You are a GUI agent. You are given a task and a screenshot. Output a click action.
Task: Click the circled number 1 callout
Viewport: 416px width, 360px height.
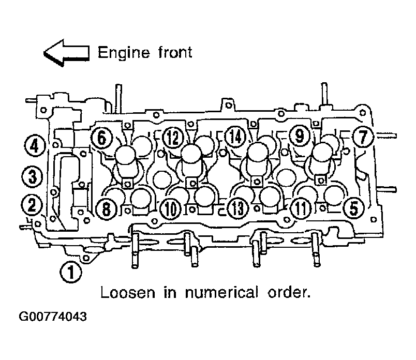tap(71, 272)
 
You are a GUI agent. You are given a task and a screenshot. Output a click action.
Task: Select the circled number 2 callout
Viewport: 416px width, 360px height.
tap(32, 205)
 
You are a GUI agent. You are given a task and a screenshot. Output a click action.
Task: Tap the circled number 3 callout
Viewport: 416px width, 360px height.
tap(33, 176)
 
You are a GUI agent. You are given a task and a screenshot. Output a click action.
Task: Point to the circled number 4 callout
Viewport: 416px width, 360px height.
tap(35, 146)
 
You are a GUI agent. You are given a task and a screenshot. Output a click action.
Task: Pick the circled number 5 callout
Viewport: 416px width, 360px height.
tap(354, 208)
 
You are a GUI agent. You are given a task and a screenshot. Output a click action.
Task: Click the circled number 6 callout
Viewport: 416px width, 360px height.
tap(102, 138)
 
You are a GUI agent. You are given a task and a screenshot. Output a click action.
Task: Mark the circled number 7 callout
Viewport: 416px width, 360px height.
tap(363, 137)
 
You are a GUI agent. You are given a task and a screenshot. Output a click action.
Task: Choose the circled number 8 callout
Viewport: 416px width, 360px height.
tap(106, 208)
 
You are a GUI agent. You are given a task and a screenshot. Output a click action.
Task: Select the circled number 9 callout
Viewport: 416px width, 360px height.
tap(300, 136)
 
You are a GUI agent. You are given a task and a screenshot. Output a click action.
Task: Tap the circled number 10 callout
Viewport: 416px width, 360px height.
tap(171, 209)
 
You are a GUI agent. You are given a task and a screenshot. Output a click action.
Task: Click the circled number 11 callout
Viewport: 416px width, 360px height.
tap(301, 208)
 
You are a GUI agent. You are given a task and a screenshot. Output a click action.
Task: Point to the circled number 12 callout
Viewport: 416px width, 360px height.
tap(173, 138)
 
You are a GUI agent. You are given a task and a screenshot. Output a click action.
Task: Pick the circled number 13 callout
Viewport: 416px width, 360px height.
tap(238, 208)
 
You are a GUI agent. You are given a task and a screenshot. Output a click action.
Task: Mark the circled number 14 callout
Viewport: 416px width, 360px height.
tap(236, 137)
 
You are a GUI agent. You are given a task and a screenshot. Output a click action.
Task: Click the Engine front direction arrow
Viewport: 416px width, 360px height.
tap(66, 53)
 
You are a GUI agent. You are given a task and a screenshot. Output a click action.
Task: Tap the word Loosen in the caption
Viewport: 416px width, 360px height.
tap(128, 293)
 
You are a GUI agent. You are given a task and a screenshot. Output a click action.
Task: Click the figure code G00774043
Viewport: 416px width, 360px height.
tap(53, 317)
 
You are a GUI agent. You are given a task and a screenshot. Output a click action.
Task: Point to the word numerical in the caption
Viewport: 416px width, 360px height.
tap(221, 293)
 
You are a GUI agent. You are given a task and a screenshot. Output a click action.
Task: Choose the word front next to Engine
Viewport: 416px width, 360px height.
tap(175, 52)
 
